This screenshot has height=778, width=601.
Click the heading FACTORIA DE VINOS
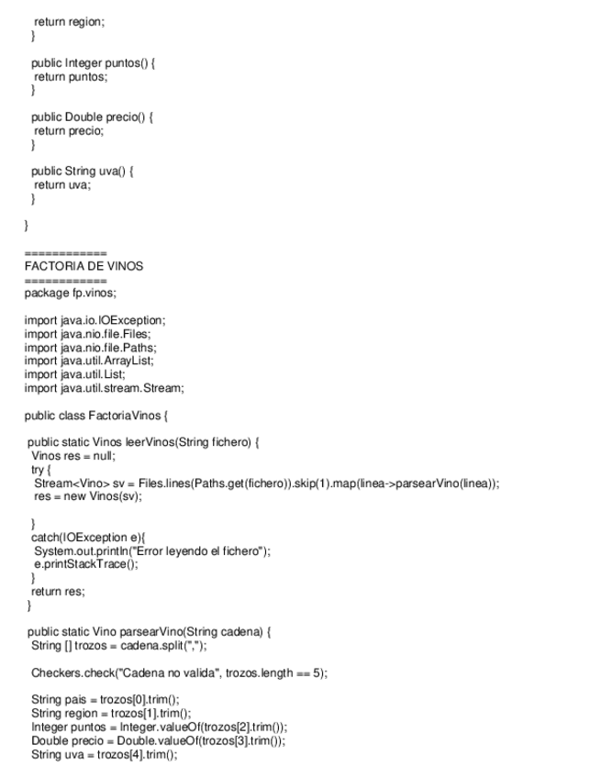point(83,266)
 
